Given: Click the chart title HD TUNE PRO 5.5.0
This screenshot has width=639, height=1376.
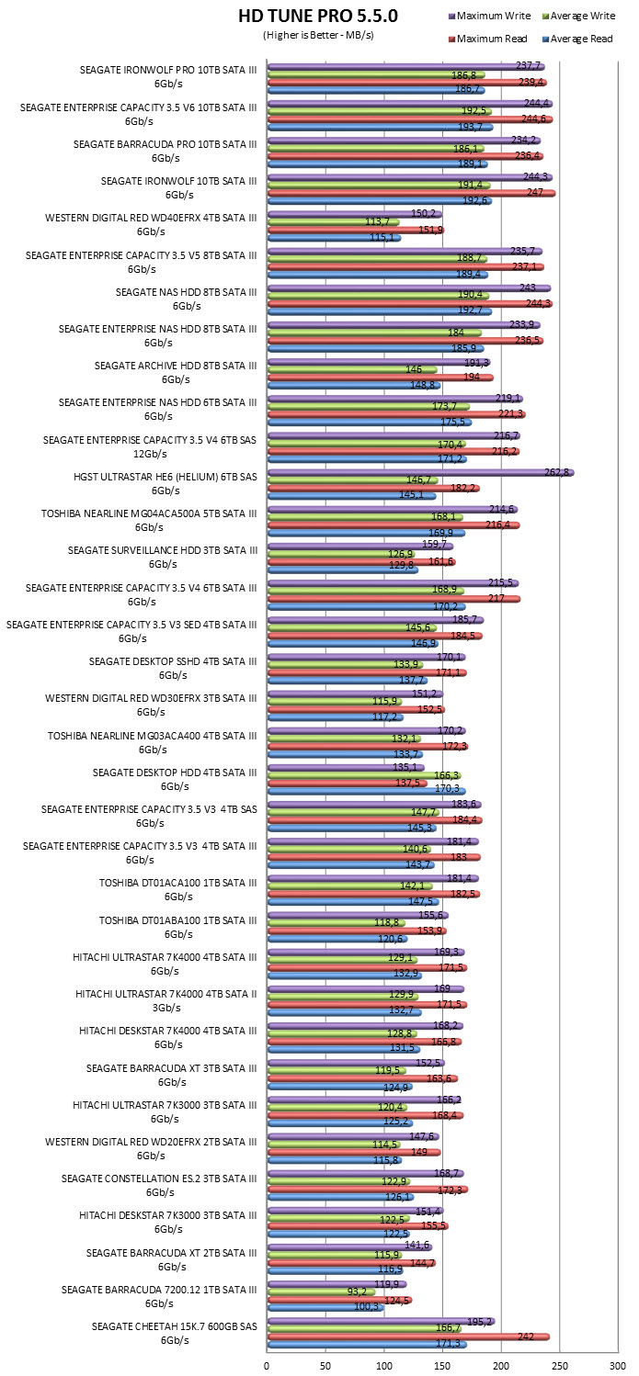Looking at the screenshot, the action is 318,16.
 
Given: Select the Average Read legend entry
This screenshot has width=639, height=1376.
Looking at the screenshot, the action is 577,39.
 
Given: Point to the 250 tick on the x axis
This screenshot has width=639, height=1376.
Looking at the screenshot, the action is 560,1366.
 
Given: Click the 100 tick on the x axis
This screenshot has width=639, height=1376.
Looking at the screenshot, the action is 383,1366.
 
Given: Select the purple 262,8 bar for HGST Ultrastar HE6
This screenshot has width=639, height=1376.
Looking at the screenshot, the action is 421,472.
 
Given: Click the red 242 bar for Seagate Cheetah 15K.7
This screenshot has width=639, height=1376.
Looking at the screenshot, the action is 408,1337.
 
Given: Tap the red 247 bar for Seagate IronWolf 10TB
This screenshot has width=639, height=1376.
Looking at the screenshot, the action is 412,193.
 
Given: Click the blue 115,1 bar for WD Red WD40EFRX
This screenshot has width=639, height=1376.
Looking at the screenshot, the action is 334,238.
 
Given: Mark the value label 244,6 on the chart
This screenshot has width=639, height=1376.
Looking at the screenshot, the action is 533,118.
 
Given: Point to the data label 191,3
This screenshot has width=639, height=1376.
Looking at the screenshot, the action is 476,363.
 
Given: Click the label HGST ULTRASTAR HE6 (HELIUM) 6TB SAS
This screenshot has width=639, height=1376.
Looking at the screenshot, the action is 165,477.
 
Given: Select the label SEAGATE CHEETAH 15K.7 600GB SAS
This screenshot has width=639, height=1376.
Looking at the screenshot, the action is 174,1326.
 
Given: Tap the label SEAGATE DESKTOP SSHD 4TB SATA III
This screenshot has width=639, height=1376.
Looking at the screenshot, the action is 173,661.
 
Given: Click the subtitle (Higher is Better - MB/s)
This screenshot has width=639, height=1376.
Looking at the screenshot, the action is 318,35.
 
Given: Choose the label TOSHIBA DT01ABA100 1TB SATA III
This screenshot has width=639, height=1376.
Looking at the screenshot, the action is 178,920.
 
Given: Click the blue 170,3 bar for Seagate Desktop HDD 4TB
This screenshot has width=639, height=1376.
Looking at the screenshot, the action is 367,791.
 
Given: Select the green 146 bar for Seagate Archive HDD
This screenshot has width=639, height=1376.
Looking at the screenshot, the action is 352,370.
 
